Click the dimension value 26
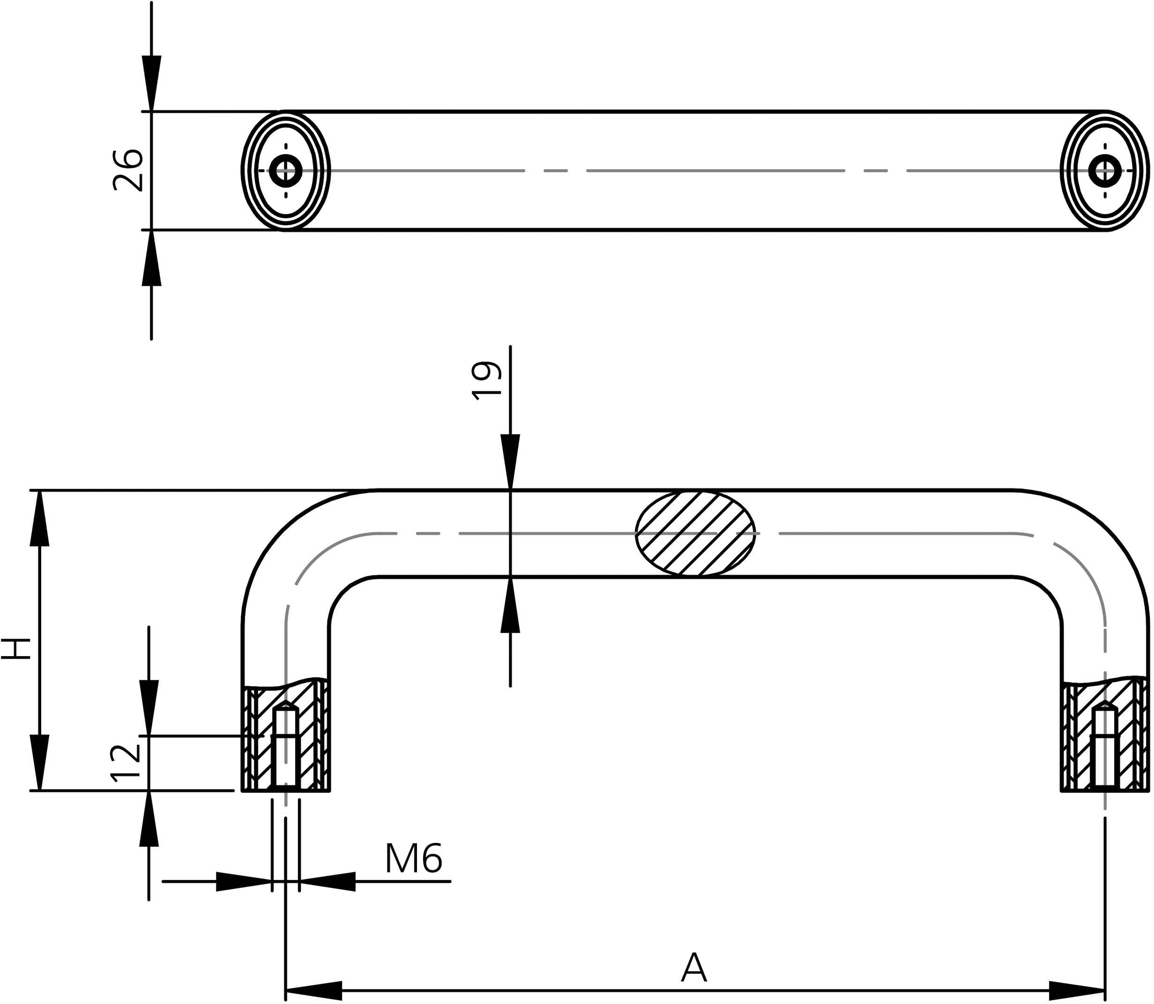click(128, 170)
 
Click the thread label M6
click(414, 859)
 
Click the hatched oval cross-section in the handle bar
click(695, 533)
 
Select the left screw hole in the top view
click(286, 170)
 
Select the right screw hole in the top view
click(1105, 170)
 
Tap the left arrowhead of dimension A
click(314, 990)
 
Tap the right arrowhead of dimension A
click(1077, 990)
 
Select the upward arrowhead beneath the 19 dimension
click(510, 605)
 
